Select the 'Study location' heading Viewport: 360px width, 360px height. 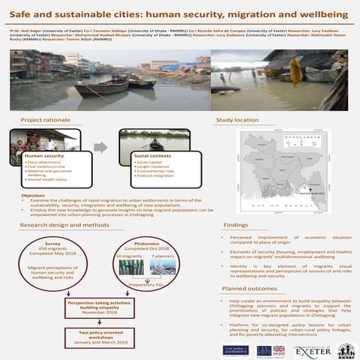(x=237, y=120)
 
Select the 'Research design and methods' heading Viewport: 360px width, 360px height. (x=70, y=225)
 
